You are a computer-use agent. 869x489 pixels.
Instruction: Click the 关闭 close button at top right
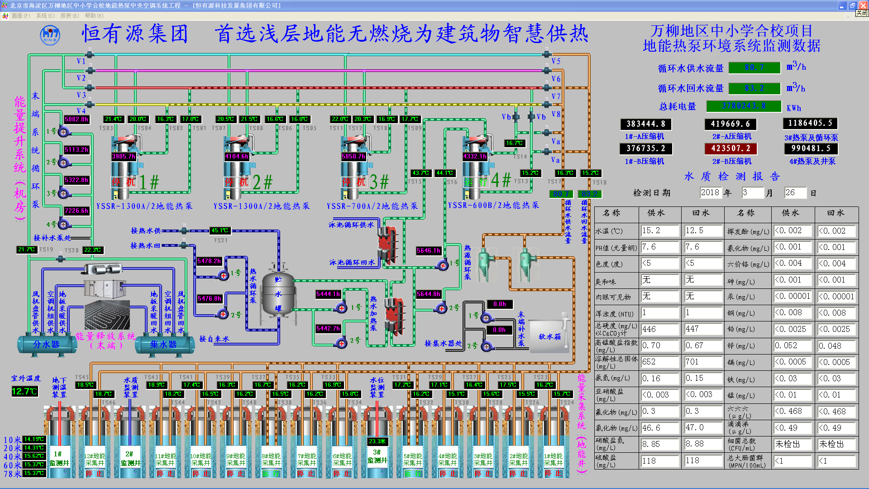click(861, 13)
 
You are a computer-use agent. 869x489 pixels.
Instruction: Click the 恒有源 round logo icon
click(50, 35)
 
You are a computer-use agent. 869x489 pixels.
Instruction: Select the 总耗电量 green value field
click(744, 106)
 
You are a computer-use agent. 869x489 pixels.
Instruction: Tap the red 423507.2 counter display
click(731, 149)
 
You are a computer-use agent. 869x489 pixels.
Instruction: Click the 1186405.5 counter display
click(810, 123)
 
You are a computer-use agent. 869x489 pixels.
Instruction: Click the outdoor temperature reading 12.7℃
click(24, 391)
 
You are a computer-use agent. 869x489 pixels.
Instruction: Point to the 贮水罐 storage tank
click(278, 294)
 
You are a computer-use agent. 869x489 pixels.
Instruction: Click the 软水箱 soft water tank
click(549, 336)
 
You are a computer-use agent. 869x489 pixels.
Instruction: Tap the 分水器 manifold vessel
click(46, 345)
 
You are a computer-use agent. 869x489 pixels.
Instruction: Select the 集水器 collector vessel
click(163, 345)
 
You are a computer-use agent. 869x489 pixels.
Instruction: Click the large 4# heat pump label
click(501, 180)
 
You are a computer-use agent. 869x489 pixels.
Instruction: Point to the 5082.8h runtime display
click(76, 120)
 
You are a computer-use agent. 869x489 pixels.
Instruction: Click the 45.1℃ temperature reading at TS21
click(220, 230)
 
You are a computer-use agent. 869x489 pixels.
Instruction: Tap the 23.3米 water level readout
click(377, 441)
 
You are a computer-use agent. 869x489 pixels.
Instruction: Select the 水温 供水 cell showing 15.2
click(659, 231)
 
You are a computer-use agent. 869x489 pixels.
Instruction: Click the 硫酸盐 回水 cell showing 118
click(703, 461)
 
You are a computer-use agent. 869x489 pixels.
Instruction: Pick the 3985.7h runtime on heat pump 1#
click(124, 156)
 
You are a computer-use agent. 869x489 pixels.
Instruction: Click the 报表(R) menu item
click(69, 16)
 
